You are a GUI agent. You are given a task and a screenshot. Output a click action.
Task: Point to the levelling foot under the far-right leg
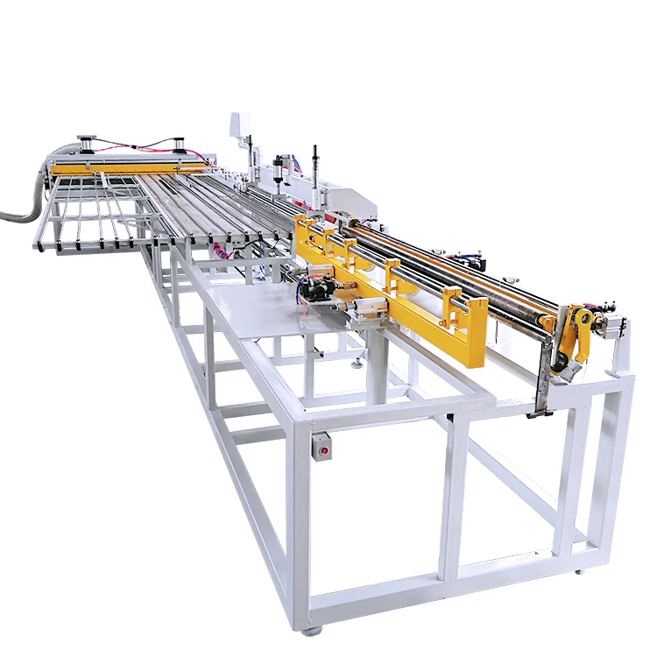pyautogui.click(x=578, y=570)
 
